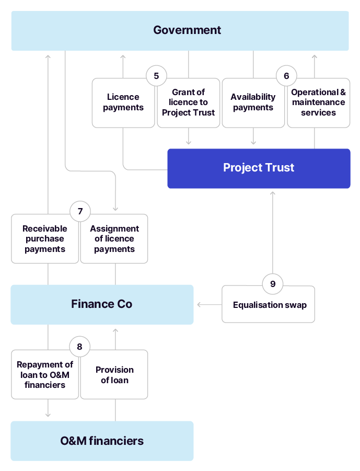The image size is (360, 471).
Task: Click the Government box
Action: [x=180, y=30]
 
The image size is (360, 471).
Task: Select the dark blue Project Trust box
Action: [x=259, y=168]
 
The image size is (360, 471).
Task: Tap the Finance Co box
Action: [x=102, y=304]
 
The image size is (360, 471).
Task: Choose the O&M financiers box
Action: [x=102, y=441]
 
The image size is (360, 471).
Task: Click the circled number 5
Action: [x=156, y=76]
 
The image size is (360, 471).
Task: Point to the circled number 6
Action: [x=286, y=76]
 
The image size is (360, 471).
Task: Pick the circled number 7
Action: [x=80, y=211]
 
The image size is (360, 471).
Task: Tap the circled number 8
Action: [x=79, y=347]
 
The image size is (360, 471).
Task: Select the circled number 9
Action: [x=272, y=284]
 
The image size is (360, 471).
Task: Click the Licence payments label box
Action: [x=123, y=103]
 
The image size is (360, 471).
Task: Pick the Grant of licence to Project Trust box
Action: [x=188, y=103]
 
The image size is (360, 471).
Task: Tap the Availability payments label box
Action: [x=253, y=103]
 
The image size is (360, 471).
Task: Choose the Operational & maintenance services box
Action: [x=318, y=103]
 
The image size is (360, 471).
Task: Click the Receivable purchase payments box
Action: [x=45, y=239]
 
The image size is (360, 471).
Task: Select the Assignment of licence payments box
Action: [x=114, y=239]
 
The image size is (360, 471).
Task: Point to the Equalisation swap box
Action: [x=269, y=305]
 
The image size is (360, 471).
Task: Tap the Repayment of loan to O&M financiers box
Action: [x=45, y=375]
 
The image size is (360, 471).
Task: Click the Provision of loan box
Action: [x=114, y=375]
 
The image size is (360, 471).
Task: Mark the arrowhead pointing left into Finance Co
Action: [x=199, y=304]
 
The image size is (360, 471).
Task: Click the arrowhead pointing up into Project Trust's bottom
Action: [x=272, y=193]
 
